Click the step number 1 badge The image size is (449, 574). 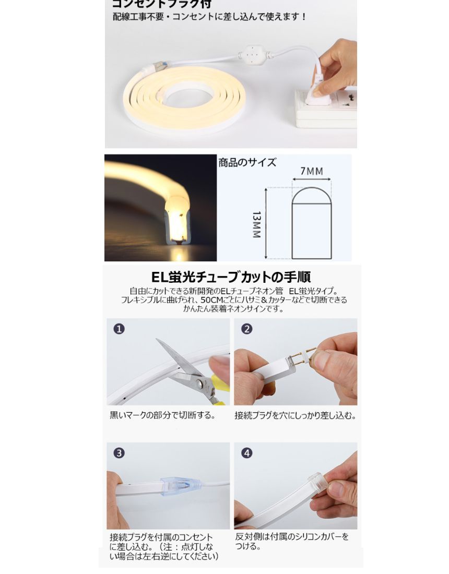pos(120,329)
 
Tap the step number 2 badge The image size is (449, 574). pos(247,329)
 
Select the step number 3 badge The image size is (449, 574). pos(120,453)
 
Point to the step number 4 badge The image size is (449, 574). pos(247,453)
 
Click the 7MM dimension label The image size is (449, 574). pos(312,171)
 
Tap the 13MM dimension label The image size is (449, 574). pos(256,224)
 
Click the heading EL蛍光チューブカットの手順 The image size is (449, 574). pos(231,277)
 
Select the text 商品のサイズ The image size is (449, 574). pos(247,162)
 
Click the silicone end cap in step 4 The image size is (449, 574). pos(318,483)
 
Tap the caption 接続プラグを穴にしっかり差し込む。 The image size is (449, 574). pos(296,416)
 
